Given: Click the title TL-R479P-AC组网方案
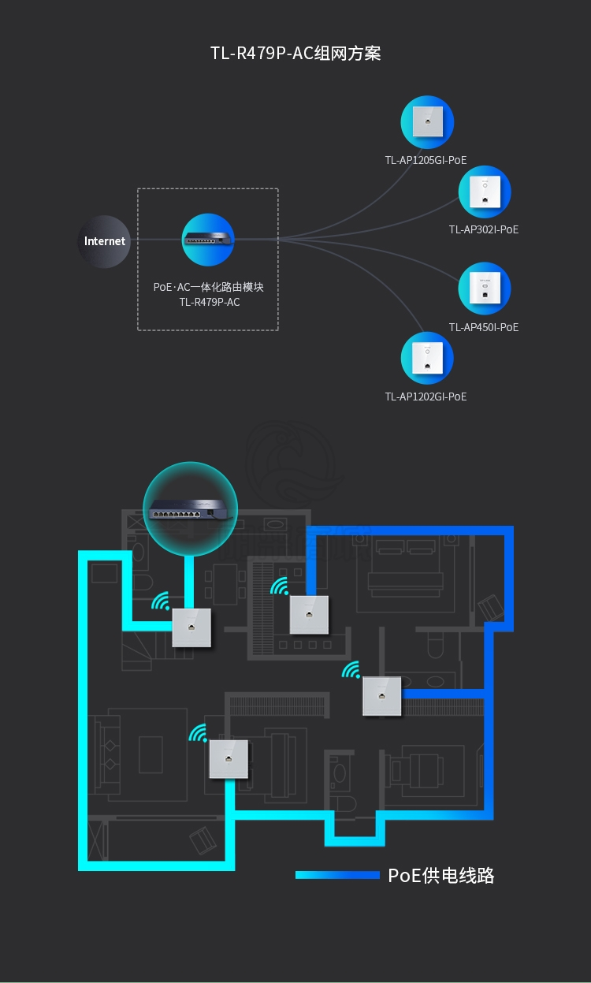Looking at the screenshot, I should click(295, 54).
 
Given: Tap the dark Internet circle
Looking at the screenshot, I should click(105, 241).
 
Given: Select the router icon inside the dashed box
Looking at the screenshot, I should click(208, 239).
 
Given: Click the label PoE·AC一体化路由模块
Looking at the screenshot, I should click(208, 287).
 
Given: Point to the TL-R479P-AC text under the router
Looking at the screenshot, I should click(209, 302).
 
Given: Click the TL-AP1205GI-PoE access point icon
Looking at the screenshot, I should click(427, 122).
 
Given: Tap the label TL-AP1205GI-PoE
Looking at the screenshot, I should click(426, 160).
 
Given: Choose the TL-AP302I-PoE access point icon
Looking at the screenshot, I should click(485, 192).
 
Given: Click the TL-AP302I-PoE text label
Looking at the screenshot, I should click(483, 229).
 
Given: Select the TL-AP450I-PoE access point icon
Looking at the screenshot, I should click(485, 289).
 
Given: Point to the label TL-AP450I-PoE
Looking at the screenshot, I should click(483, 327).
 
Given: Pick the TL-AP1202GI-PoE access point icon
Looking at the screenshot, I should click(427, 359).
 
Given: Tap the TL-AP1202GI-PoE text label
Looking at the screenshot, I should click(426, 397).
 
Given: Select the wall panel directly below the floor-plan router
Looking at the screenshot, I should click(191, 627).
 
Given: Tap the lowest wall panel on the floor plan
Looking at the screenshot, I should click(228, 759).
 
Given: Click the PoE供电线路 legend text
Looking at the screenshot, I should click(441, 875).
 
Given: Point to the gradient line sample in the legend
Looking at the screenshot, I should click(337, 875).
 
